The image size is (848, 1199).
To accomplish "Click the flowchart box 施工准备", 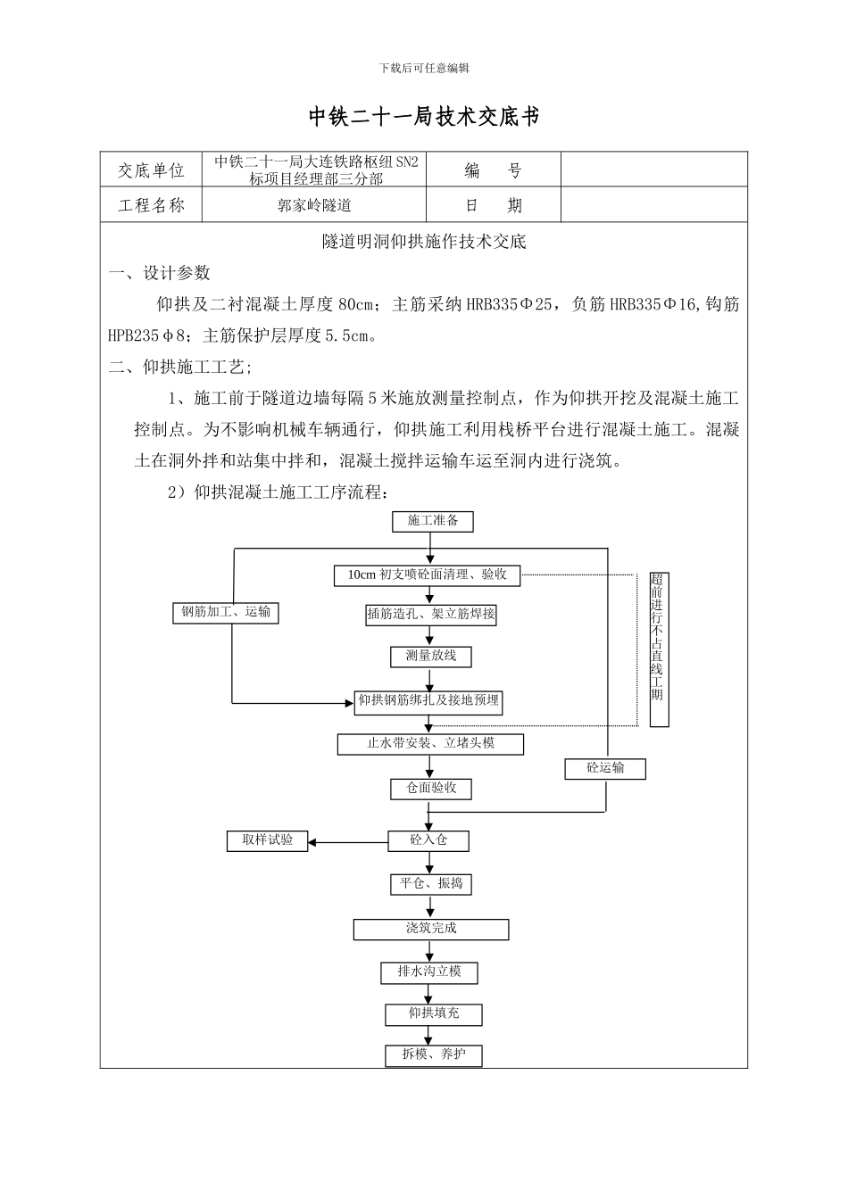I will coord(433,521).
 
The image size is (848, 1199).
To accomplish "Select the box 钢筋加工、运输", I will coord(226,612).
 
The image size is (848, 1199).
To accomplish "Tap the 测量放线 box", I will coord(431,657).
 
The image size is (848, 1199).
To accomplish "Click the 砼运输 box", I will coord(605,768).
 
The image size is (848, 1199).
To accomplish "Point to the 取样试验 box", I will coord(268,840).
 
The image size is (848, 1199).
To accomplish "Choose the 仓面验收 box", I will coord(431,789).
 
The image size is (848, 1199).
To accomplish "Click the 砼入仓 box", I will coord(428,840).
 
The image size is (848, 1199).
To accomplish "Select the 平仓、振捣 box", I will coord(431,884).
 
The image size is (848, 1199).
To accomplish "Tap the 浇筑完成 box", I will coord(431,929).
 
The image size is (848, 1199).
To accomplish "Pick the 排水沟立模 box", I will coord(429,972).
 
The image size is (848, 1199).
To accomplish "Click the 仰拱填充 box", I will coord(434,1014).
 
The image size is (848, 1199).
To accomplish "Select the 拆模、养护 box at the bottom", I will coord(434,1055).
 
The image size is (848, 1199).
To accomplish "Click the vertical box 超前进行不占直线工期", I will coord(658,649).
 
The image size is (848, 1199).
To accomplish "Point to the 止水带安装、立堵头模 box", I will coord(431,743).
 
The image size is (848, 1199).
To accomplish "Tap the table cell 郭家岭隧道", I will coord(314,205).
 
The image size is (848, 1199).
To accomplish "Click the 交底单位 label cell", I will coord(152,170).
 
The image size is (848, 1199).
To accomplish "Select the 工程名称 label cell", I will coord(152,205).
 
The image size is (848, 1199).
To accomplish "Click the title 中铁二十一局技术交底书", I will coord(424,117).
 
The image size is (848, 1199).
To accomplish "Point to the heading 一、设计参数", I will coord(160,273).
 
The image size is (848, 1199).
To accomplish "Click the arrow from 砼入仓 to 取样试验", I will coord(348,841).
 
